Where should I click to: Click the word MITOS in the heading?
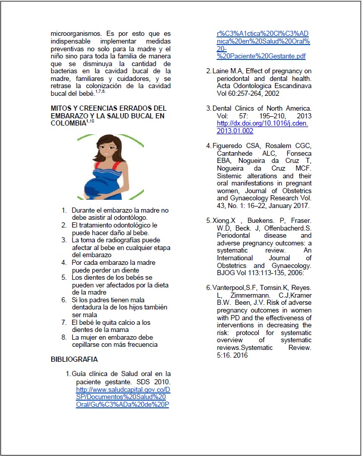(61, 109)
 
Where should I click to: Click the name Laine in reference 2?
(220, 71)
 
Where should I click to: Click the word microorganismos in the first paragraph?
(75, 34)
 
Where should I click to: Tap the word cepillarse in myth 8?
(88, 345)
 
